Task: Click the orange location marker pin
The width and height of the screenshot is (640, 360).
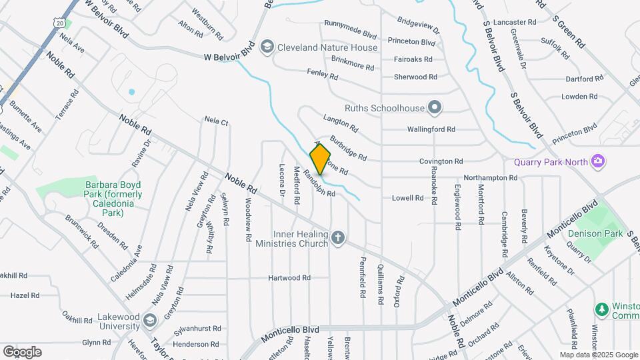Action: (x=321, y=159)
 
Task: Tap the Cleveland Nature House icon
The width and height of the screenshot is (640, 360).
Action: (x=267, y=46)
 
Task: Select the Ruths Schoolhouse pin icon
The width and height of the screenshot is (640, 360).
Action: (x=435, y=107)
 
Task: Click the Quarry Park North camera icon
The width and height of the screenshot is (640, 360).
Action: (x=599, y=161)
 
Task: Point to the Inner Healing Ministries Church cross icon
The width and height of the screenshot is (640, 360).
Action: (x=339, y=237)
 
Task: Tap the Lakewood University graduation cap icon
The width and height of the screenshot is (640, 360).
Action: (x=149, y=320)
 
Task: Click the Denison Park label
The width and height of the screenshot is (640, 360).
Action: (x=595, y=234)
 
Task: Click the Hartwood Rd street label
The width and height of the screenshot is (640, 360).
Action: (x=289, y=277)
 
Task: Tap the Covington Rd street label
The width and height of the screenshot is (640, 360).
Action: (x=441, y=161)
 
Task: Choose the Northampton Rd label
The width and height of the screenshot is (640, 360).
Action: (x=491, y=178)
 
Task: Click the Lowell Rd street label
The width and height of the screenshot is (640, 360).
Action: (x=408, y=198)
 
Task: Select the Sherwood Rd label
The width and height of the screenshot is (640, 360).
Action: (x=415, y=77)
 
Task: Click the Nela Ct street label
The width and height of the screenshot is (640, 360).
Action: (x=217, y=121)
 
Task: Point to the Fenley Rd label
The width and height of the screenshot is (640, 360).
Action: (x=322, y=74)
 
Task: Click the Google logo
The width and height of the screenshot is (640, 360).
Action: (x=21, y=351)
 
